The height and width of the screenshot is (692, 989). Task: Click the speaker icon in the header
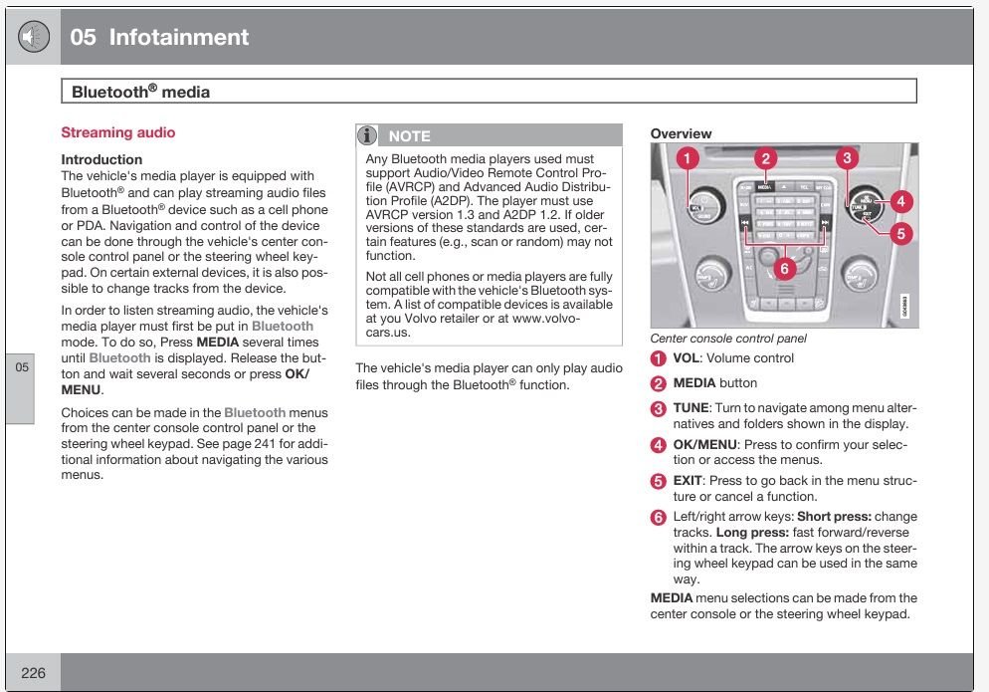pos(34,37)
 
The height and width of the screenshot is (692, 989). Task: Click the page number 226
pos(33,673)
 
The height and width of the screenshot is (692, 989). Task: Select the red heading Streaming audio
pos(117,132)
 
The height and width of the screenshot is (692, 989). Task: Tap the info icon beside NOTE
pos(367,135)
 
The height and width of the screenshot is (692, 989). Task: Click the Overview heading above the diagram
pos(681,133)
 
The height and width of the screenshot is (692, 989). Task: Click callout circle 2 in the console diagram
pos(764,157)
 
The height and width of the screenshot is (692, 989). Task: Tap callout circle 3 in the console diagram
pos(846,157)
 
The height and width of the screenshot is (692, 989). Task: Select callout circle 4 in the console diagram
pos(899,201)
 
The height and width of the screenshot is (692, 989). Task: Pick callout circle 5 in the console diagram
pos(899,234)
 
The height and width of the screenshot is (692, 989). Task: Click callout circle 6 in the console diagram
pos(784,266)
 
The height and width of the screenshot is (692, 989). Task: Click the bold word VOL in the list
pos(687,358)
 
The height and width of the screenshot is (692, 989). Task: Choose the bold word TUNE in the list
pos(691,408)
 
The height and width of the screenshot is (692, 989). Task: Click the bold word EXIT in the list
pos(689,481)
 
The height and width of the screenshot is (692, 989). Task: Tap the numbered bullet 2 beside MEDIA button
pos(659,383)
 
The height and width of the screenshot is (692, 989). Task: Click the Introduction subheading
pos(101,159)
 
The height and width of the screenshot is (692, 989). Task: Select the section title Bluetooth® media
pos(140,93)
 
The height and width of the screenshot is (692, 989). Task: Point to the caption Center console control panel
pos(728,339)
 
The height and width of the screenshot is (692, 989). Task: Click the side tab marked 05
pos(23,367)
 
